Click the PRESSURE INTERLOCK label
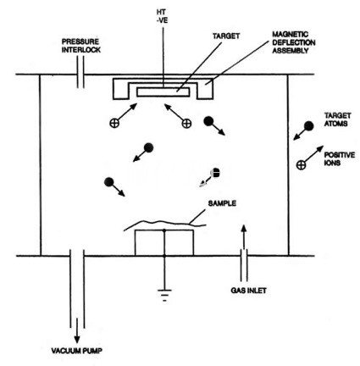tap(81, 46)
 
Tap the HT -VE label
tap(162, 16)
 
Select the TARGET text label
tap(226, 36)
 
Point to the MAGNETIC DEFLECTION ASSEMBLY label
tap(294, 42)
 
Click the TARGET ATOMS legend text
tap(337, 119)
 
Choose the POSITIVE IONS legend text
tap(340, 158)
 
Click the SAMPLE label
tap(222, 203)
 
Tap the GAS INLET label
tap(248, 291)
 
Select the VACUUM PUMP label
tap(77, 351)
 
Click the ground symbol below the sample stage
tap(164, 295)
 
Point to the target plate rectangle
tap(163, 92)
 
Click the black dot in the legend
tap(309, 126)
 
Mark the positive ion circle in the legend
tap(302, 165)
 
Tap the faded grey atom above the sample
tap(215, 173)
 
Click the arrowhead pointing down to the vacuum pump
tap(77, 339)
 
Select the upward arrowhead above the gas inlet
tap(245, 228)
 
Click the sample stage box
tap(164, 243)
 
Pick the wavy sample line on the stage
tap(165, 223)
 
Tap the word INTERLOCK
tap(81, 50)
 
